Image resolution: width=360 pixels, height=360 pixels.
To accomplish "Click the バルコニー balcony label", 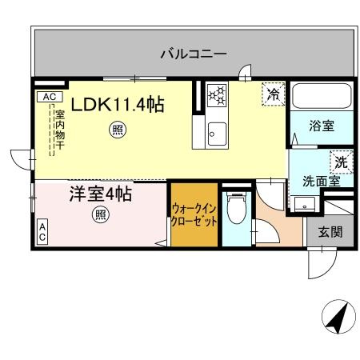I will [x=193, y=54].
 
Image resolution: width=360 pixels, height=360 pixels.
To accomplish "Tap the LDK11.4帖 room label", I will [x=119, y=105].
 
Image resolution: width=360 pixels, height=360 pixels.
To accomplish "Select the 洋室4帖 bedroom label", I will [x=100, y=195].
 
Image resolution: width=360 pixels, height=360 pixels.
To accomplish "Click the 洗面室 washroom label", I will [x=321, y=181].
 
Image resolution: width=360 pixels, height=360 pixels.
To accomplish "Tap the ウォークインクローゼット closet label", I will [x=194, y=215].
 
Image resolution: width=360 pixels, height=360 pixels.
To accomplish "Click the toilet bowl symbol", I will [x=236, y=212].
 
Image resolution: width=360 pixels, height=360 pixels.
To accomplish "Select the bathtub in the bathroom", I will [x=319, y=98].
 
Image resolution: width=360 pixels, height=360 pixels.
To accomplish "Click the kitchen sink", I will [x=214, y=133].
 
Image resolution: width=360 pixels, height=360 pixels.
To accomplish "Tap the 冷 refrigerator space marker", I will [x=273, y=94].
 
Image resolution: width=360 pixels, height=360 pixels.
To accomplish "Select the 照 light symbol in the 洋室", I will [x=100, y=214].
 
